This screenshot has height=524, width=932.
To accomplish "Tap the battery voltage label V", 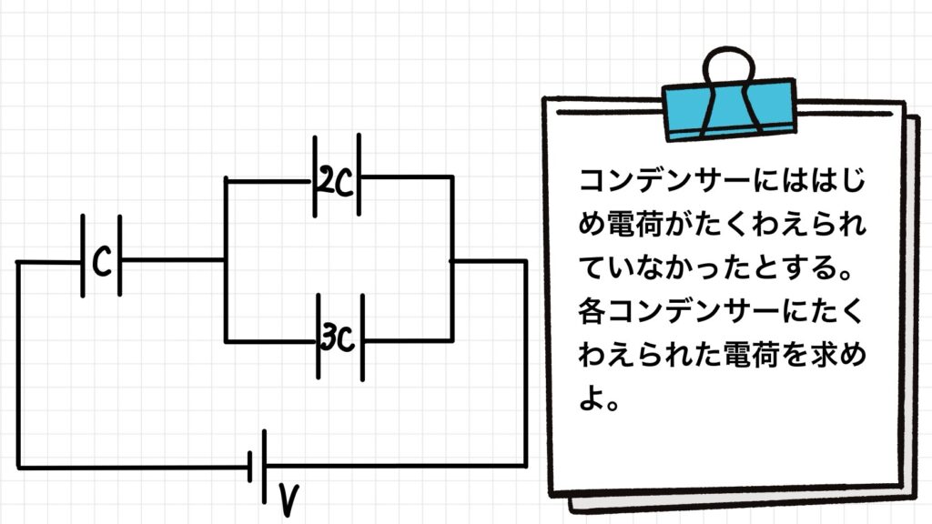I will [289, 499].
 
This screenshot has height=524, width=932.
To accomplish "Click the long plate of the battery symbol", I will [265, 466].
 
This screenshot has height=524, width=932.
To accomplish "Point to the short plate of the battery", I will [250, 467].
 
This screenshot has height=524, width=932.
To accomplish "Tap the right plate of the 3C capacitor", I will [362, 338].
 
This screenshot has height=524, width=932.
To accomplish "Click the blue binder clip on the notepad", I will [729, 108].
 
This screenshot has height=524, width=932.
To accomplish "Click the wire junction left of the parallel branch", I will [225, 259].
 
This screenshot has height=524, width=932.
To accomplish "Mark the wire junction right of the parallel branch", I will [452, 260].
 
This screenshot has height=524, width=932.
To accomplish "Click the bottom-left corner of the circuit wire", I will [18, 467].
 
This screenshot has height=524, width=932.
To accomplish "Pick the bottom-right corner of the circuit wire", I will [525, 466].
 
